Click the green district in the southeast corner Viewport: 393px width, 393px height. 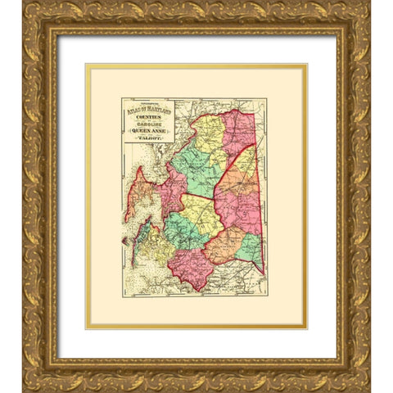click(x=251, y=245)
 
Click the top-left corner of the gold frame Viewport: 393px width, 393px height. click(x=25, y=25)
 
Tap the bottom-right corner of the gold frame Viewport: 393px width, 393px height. click(x=368, y=368)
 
